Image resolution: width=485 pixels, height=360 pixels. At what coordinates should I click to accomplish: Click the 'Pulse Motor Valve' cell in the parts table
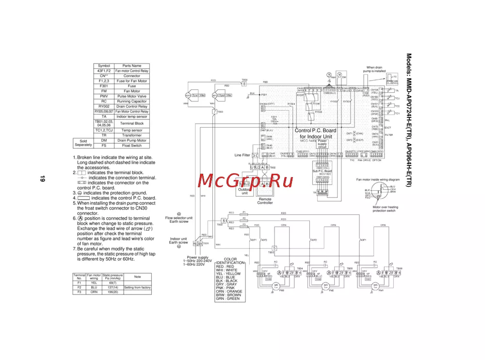[x=131, y=96]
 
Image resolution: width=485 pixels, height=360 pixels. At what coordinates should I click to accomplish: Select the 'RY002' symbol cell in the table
[x=104, y=106]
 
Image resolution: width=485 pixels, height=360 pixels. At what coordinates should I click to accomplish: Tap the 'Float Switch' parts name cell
[x=131, y=146]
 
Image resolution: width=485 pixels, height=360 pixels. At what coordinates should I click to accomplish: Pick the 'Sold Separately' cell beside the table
[x=83, y=143]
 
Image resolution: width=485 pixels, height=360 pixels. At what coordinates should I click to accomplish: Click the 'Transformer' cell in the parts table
[x=131, y=135]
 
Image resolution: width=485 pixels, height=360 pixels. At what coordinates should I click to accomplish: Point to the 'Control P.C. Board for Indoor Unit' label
[x=315, y=133]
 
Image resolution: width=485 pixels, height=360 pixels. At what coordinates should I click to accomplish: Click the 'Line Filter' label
[x=242, y=155]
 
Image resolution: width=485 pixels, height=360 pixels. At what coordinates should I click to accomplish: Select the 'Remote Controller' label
[x=265, y=201]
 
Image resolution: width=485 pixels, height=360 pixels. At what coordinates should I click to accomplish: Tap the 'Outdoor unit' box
[x=245, y=191]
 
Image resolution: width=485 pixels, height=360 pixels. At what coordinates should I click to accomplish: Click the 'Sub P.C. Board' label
[x=322, y=171]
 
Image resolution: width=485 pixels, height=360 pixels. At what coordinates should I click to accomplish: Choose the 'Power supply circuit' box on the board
[x=322, y=144]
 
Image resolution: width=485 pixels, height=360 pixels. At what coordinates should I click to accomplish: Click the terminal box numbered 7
[x=214, y=112]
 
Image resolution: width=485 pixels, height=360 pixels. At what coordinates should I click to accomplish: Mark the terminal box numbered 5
[x=274, y=248]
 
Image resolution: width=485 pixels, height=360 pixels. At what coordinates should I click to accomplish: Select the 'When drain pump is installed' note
[x=376, y=69]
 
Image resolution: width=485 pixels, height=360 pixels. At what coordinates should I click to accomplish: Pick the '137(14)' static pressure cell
[x=113, y=287]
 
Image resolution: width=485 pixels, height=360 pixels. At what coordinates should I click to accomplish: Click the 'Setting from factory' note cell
[x=137, y=287]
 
